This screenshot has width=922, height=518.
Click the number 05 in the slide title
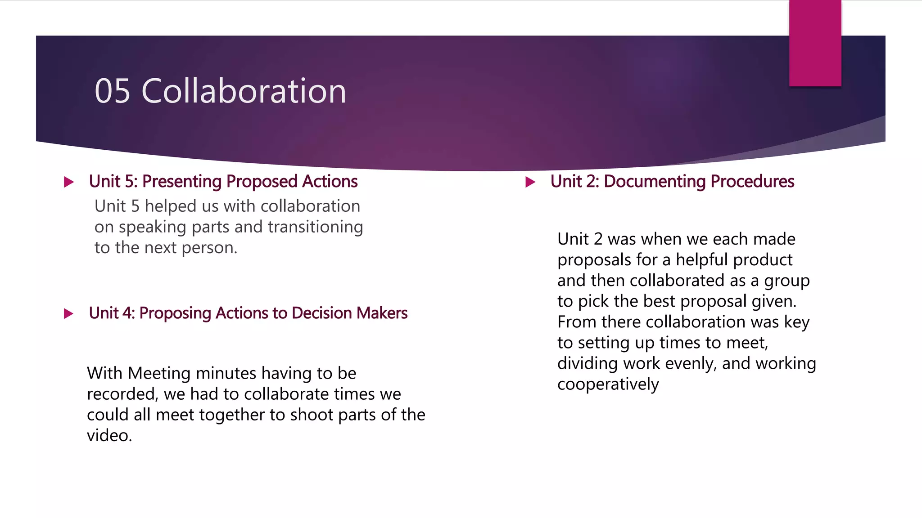(x=113, y=91)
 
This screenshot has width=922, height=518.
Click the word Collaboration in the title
(x=244, y=91)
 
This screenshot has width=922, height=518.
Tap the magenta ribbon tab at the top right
(x=815, y=43)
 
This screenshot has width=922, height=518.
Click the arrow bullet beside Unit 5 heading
(x=69, y=182)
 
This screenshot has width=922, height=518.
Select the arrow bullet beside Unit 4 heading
(x=69, y=313)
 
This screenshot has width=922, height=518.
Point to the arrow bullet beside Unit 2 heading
(x=530, y=182)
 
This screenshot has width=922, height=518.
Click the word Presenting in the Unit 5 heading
(x=182, y=182)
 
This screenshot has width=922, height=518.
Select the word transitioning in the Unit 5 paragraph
(x=315, y=227)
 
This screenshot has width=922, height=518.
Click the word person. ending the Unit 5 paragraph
(x=209, y=248)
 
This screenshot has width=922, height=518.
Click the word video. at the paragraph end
(x=109, y=435)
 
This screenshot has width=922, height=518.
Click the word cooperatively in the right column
(x=608, y=384)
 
